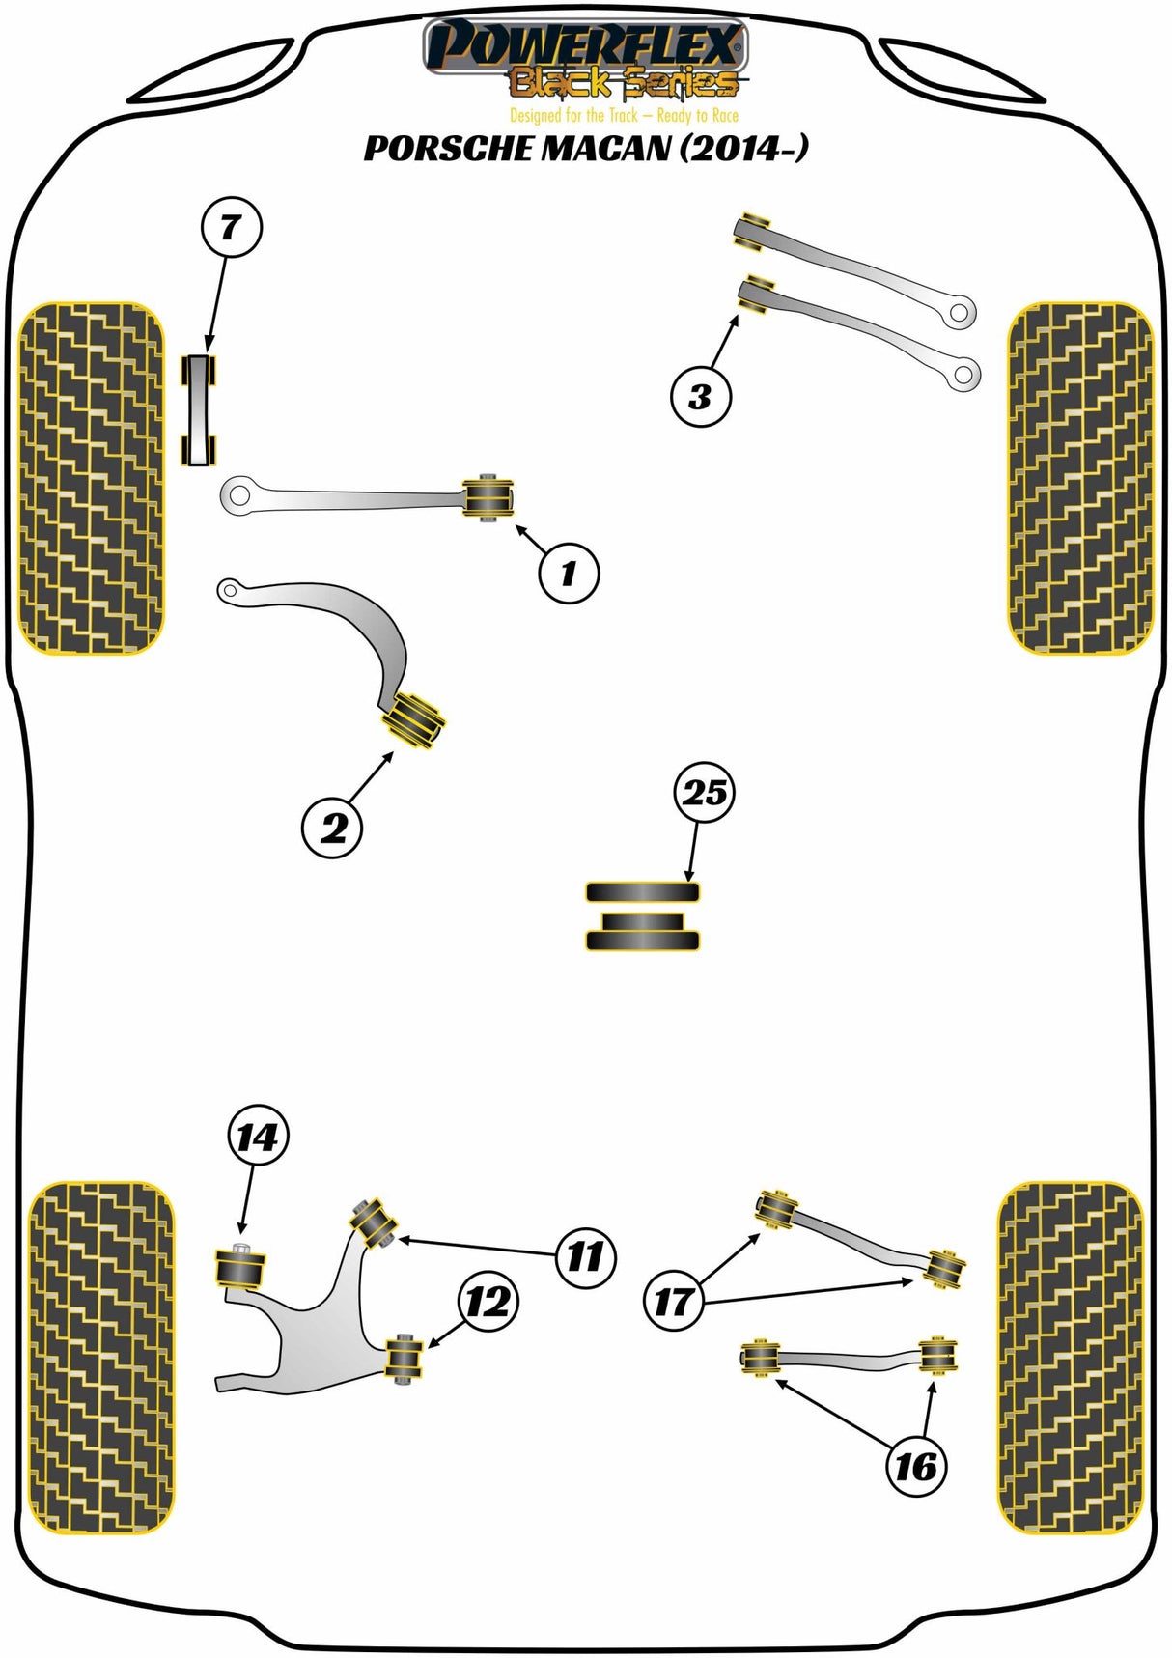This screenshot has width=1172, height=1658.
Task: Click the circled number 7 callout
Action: click(231, 228)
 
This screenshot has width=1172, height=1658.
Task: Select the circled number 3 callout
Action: click(700, 396)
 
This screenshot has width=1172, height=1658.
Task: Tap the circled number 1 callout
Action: click(569, 574)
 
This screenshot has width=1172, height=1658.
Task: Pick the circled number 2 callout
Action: click(332, 828)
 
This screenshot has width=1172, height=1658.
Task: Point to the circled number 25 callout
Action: click(704, 793)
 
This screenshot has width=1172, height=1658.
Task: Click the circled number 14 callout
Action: click(257, 1137)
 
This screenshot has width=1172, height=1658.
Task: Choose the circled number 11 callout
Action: click(585, 1256)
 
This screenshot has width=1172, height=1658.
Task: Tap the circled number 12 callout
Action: click(488, 1302)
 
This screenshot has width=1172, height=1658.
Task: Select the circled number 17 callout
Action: click(673, 1302)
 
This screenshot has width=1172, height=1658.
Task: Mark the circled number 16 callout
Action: click(915, 1467)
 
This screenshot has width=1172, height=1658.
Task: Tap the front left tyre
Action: click(92, 478)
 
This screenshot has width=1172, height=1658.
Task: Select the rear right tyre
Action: click(1069, 1357)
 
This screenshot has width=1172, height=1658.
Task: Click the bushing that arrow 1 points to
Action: click(489, 497)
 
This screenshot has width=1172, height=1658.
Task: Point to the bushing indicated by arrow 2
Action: click(415, 717)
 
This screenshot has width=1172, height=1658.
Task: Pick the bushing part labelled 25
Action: click(642, 915)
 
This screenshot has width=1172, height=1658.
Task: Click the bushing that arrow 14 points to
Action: click(239, 1268)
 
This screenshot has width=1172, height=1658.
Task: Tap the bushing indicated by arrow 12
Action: click(405, 1358)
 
